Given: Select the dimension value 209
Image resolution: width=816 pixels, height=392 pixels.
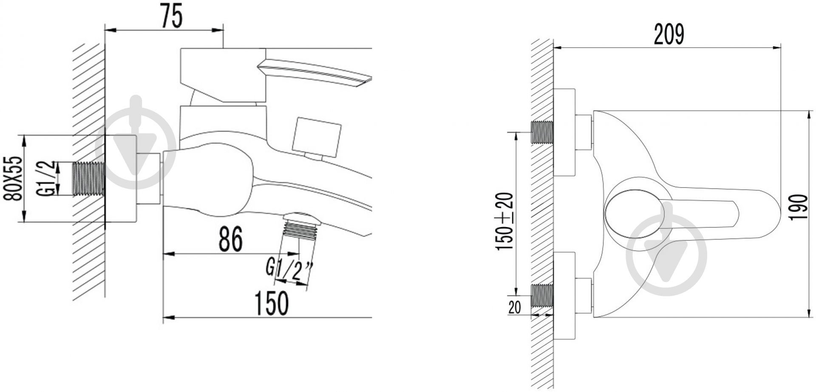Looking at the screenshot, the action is click(x=669, y=34).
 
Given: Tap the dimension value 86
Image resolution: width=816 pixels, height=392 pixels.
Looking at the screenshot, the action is click(x=230, y=239).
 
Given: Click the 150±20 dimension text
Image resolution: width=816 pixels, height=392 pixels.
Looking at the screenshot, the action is click(x=506, y=221).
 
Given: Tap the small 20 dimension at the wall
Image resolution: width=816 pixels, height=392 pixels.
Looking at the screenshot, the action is click(x=514, y=307).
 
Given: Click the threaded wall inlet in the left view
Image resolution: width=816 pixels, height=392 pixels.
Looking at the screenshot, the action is click(x=89, y=179).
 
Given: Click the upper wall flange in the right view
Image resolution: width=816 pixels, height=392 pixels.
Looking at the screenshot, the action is click(x=564, y=132).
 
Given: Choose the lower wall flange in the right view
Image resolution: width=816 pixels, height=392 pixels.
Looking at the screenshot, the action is click(x=564, y=296).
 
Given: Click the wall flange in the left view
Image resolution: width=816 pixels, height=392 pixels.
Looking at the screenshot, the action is click(x=121, y=179).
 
